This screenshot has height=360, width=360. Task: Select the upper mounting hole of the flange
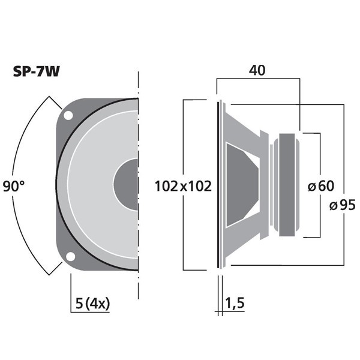(x=69, y=115)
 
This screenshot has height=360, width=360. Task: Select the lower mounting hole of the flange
(x=70, y=257)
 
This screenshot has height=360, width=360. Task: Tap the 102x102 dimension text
(x=183, y=187)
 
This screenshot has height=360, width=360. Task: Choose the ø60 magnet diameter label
(x=320, y=186)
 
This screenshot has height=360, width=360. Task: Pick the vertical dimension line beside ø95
(x=343, y=150)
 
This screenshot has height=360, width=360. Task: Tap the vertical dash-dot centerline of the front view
(x=139, y=180)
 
